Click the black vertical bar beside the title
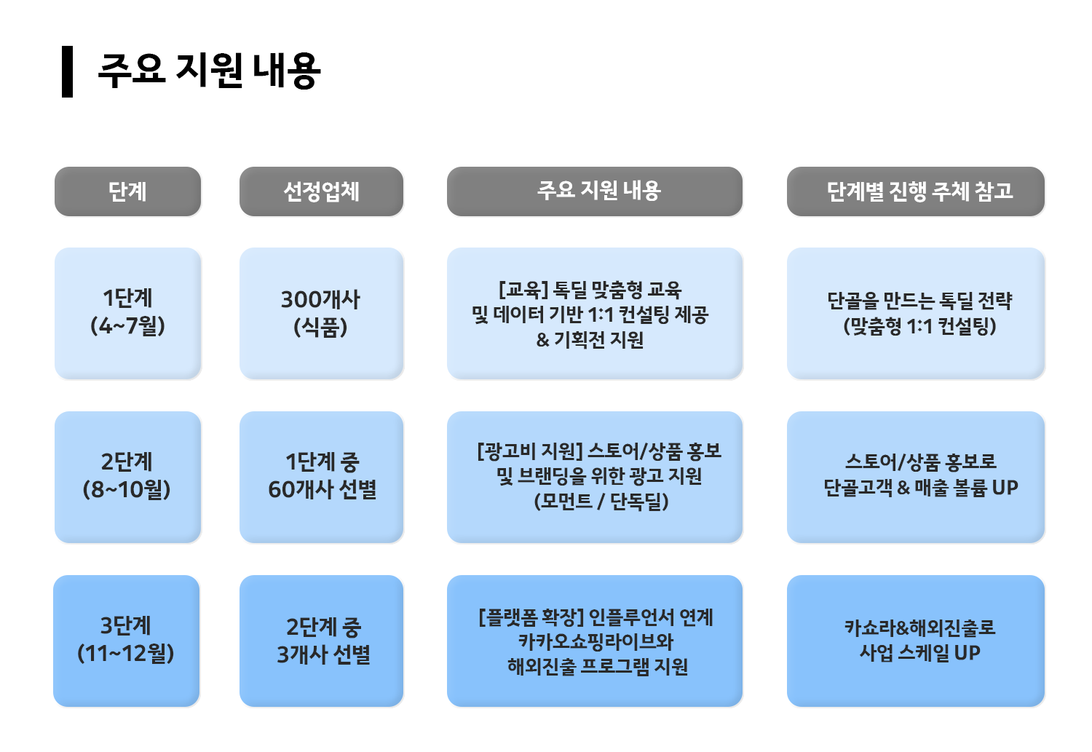[x=67, y=71]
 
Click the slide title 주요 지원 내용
[x=209, y=71]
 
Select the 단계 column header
[x=127, y=191]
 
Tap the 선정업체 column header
[x=321, y=191]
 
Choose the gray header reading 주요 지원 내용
[x=595, y=191]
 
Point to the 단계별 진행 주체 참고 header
[x=916, y=191]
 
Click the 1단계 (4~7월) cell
[x=127, y=313]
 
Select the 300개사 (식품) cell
[x=321, y=313]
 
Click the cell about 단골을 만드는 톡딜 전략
[x=916, y=313]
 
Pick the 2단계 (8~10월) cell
[x=127, y=477]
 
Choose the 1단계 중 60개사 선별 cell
[x=321, y=477]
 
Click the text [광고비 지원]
[x=530, y=451]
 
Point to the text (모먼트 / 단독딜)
[x=601, y=501]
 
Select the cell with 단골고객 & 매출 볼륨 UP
[x=916, y=477]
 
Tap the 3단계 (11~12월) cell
[x=126, y=641]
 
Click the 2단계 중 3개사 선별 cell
[x=321, y=641]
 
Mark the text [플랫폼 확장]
[x=531, y=617]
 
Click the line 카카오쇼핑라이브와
[x=596, y=641]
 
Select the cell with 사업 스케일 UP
[x=916, y=641]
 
